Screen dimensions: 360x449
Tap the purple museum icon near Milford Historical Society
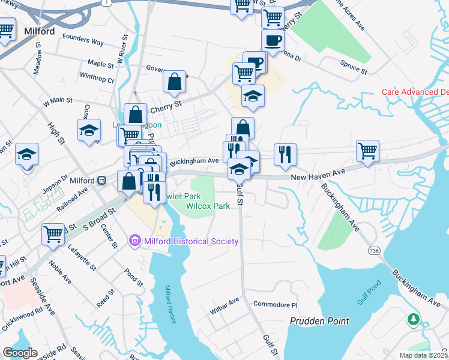point(134,241)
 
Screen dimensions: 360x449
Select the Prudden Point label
point(319,321)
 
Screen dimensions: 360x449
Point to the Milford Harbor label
point(170,304)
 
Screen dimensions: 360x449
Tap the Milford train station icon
point(102,180)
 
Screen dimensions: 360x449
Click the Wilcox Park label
point(208,206)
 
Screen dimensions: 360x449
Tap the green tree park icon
point(414,319)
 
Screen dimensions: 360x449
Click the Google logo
point(19,353)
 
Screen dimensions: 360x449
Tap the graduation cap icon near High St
point(89,130)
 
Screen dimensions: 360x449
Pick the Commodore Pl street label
point(275,304)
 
